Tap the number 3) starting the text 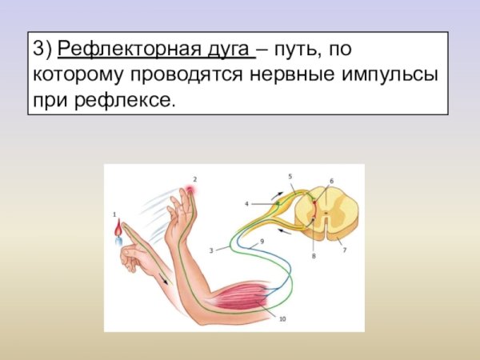(x=42, y=52)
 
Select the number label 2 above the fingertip (x=194, y=179)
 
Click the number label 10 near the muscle (x=282, y=318)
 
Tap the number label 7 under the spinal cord (x=345, y=250)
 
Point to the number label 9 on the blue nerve (x=262, y=241)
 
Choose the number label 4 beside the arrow (x=246, y=204)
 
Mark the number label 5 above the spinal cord (x=290, y=175)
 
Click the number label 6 (x=332, y=181)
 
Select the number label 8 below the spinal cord (x=314, y=256)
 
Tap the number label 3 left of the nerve (x=210, y=250)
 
